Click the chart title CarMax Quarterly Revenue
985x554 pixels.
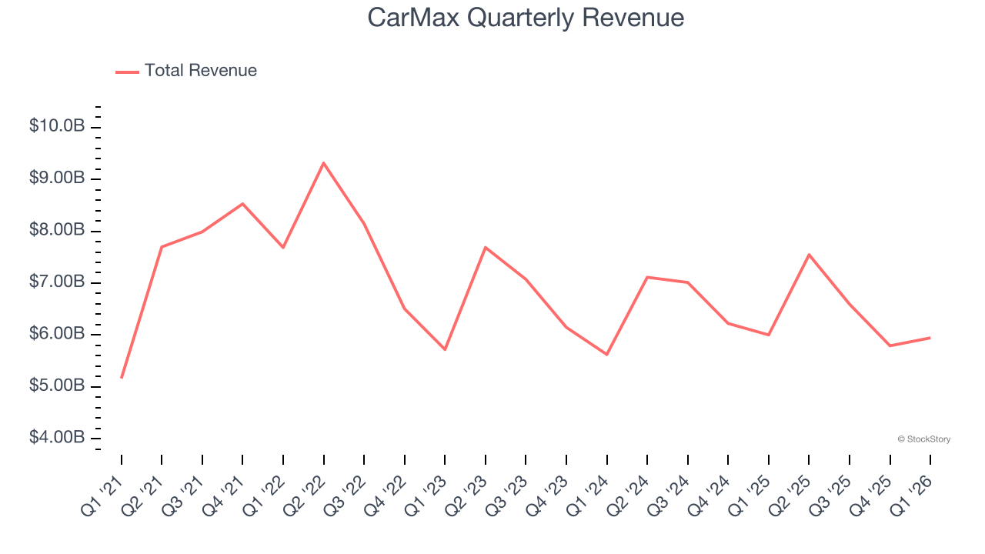click(x=526, y=18)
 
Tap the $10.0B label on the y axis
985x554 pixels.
click(x=57, y=126)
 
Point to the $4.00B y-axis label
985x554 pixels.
click(x=57, y=438)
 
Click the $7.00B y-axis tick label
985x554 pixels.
click(x=57, y=282)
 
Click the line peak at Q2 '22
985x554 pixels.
click(x=323, y=163)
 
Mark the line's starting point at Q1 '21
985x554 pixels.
click(x=122, y=377)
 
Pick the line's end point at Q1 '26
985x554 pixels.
click(x=930, y=338)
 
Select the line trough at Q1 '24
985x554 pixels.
click(x=606, y=355)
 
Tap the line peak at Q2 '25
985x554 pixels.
click(x=809, y=255)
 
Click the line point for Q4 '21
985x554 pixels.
click(x=242, y=204)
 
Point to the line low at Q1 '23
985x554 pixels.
click(x=445, y=349)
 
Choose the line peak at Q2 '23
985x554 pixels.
click(x=486, y=247)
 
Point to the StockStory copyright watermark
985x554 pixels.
click(x=923, y=439)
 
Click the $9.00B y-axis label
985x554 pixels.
click(x=57, y=179)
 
